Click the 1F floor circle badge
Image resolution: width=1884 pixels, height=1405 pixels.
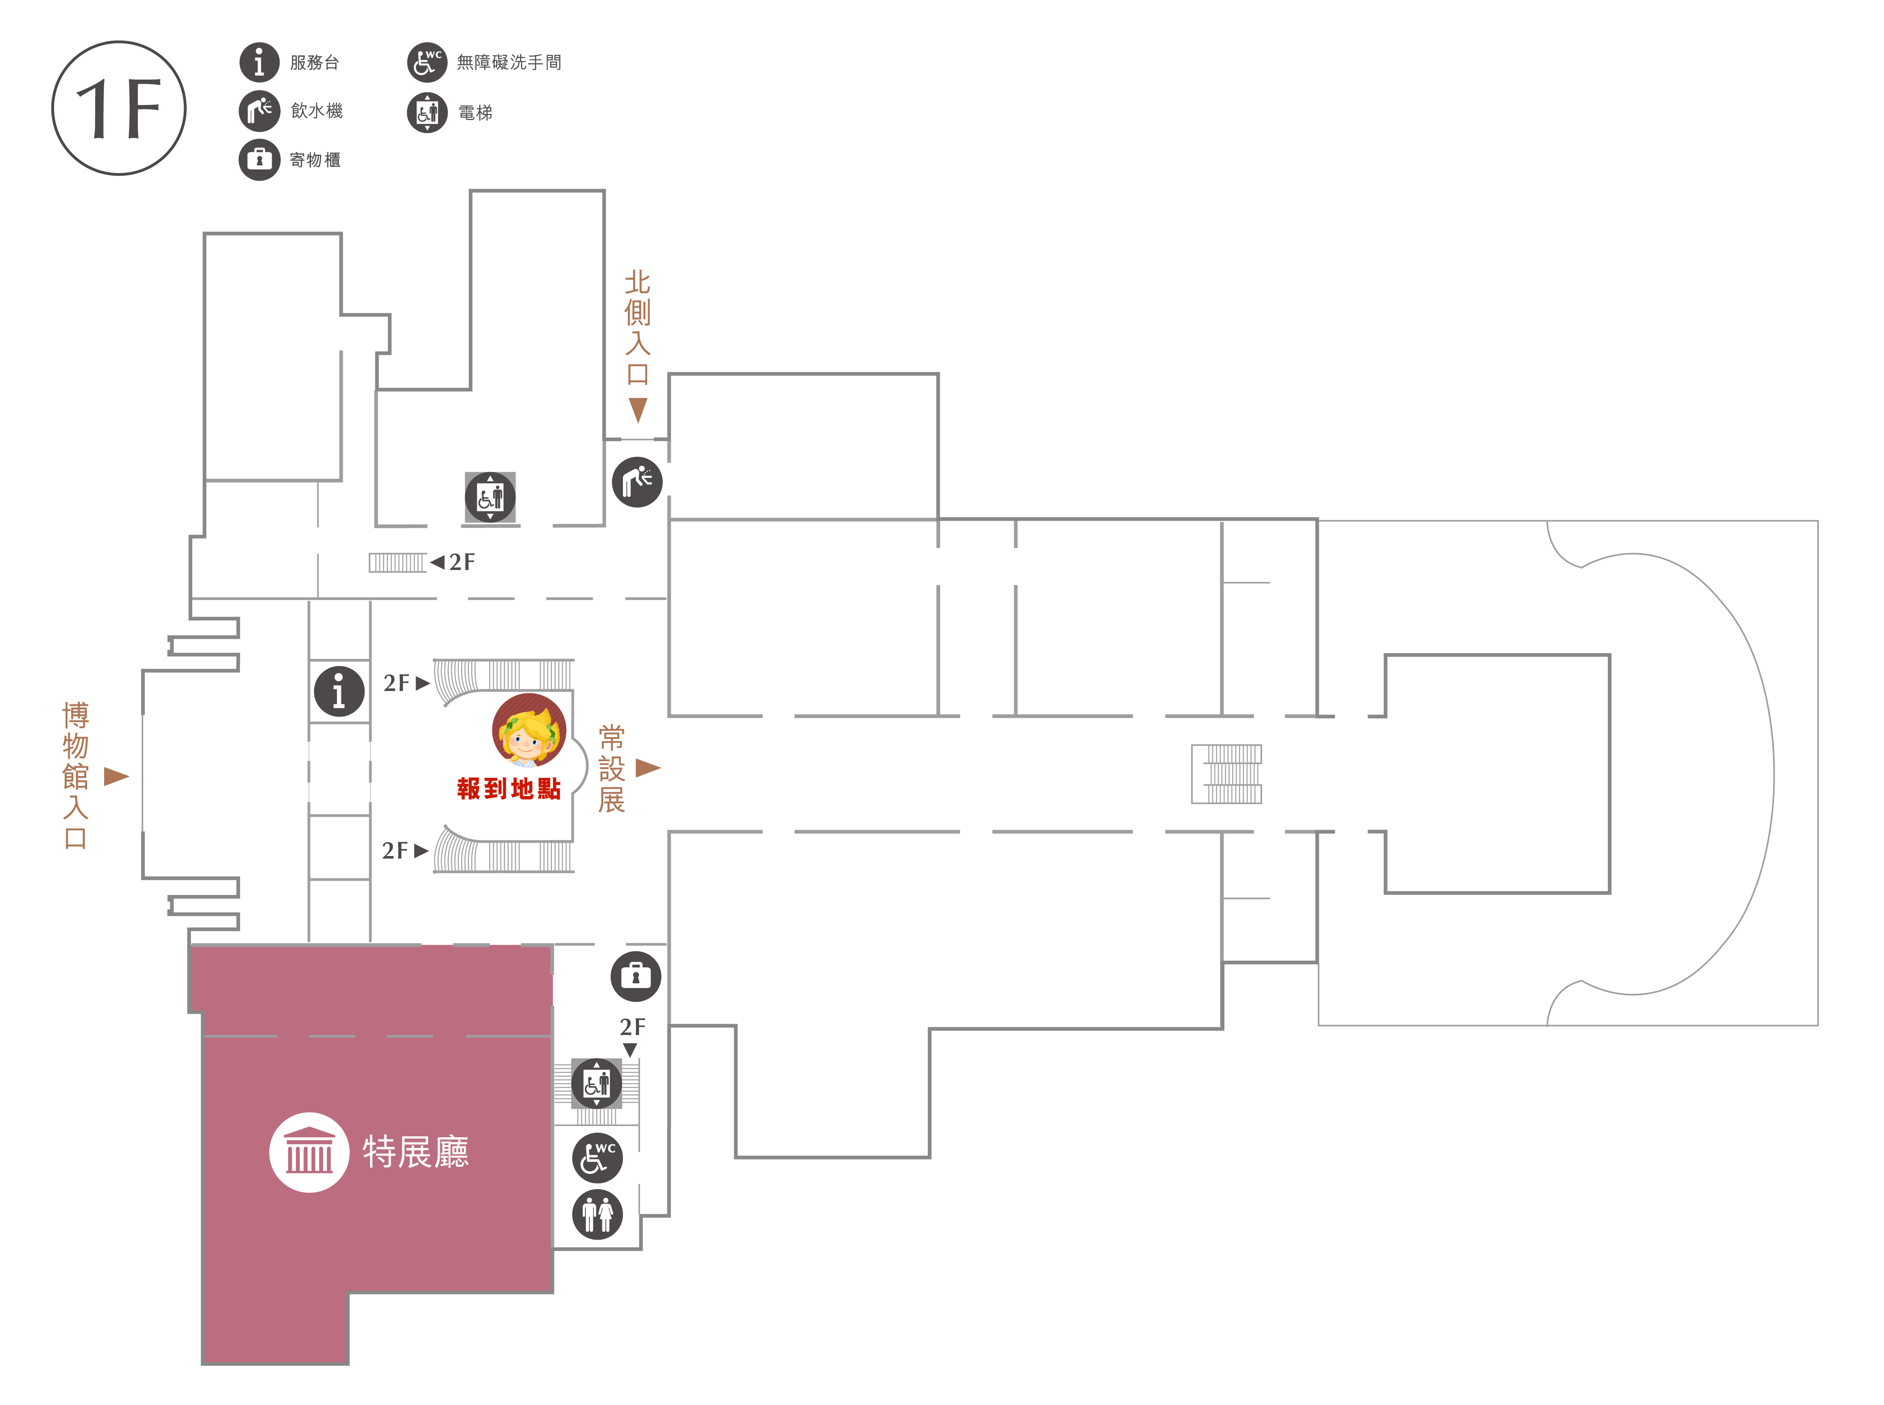(119, 108)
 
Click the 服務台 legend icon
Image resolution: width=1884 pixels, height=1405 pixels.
(259, 62)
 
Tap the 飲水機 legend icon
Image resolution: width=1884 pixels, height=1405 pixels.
(259, 110)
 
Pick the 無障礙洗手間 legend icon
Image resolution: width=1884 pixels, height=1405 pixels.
(427, 62)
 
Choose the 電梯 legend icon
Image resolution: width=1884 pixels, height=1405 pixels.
(427, 112)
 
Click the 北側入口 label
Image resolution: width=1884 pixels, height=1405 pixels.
(638, 327)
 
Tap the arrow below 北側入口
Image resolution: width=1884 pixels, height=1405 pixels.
(638, 410)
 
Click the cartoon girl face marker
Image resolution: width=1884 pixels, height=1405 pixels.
(529, 730)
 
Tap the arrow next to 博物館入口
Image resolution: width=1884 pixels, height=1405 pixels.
(117, 776)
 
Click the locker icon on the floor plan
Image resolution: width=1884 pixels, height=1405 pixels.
(636, 975)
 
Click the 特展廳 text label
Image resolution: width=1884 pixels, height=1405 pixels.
(416, 1152)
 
